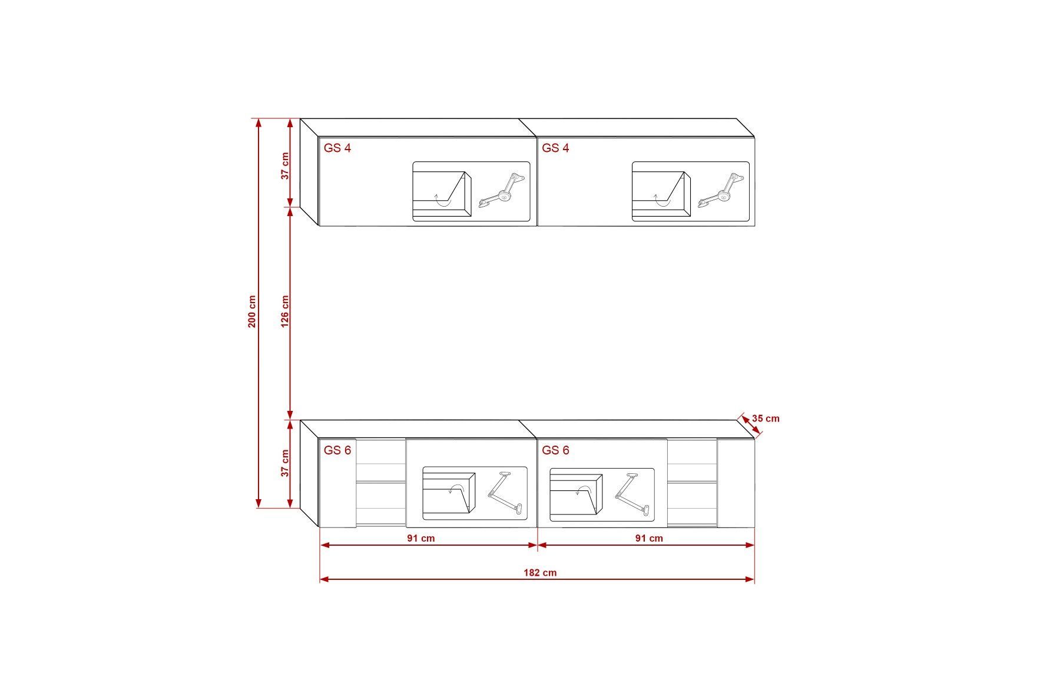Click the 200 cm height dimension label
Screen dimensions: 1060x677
click(252, 311)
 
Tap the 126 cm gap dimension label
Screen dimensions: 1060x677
click(285, 311)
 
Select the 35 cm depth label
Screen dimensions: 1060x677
click(766, 419)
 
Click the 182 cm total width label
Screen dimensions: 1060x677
click(540, 572)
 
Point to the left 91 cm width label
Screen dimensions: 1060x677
click(420, 538)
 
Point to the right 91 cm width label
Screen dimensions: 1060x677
click(649, 538)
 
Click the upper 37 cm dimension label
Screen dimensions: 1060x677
click(285, 166)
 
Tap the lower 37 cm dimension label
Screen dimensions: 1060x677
click(285, 463)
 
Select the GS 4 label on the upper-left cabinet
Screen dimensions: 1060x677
click(337, 148)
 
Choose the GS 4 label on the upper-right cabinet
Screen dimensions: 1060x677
click(556, 148)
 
